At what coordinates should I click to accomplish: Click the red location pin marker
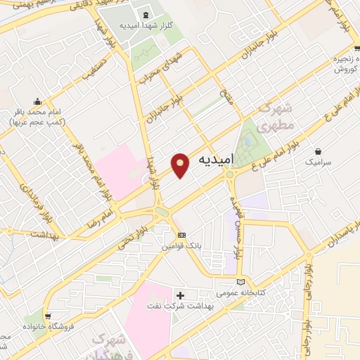click(x=181, y=165)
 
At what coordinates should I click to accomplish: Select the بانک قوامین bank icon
click(x=182, y=235)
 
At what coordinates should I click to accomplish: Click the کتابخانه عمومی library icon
click(x=242, y=282)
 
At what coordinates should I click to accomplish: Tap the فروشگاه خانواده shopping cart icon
click(x=47, y=316)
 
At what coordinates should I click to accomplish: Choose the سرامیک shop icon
click(x=319, y=150)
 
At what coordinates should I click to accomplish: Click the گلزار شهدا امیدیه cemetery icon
click(x=146, y=15)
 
